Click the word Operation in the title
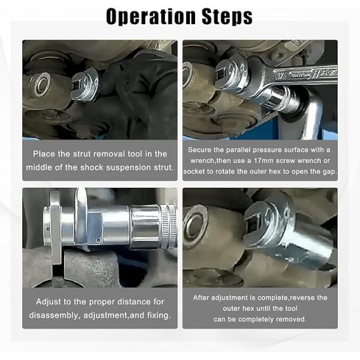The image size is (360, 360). pos(151,16)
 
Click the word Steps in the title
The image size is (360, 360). pos(227,16)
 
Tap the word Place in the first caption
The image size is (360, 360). pos(44,154)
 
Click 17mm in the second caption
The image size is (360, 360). pos(264,161)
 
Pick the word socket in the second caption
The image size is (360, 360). pos(194,171)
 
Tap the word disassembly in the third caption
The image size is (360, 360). pos(54,315)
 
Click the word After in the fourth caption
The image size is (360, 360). pos(201,298)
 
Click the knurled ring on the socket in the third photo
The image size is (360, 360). pos(169,227)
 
